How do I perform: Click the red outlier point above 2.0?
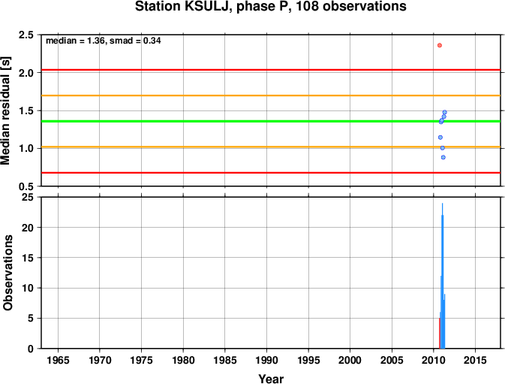pos(440,45)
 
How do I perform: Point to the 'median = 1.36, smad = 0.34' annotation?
pos(104,41)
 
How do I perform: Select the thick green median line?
pos(271,121)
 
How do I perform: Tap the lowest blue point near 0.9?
pos(443,157)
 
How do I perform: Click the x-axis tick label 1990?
pos(266,360)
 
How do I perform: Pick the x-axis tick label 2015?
pos(475,360)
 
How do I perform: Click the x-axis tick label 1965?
pos(58,360)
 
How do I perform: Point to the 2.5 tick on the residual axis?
pos(26,35)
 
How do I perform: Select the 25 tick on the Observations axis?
pos(28,197)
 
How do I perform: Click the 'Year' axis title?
pos(271,379)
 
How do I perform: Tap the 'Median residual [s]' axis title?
pos(6,110)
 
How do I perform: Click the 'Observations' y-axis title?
pos(8,273)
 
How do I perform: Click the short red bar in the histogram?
pos(440,334)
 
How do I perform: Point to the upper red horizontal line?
pos(271,70)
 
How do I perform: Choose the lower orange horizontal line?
pos(271,147)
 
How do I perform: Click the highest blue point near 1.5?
pos(445,112)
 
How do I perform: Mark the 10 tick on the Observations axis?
pos(28,288)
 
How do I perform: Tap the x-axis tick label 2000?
pos(350,360)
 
